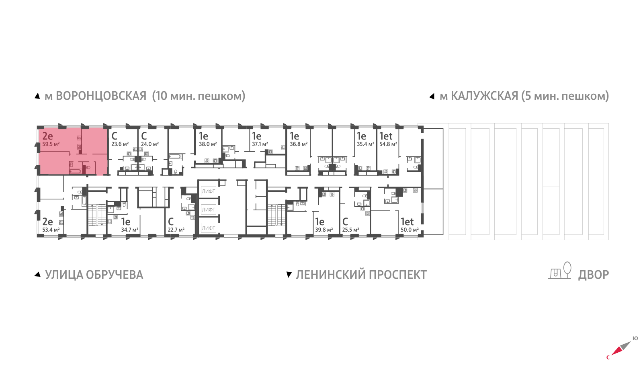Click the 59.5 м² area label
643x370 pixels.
pos(51,144)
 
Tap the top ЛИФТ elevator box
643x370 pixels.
pos(209,191)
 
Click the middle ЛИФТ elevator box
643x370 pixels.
pos(209,210)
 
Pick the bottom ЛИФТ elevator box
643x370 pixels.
pos(209,228)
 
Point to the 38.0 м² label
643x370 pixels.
pos(208,144)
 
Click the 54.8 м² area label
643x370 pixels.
pos(388,144)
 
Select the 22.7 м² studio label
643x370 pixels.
pos(176,230)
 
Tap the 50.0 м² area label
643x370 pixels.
pos(410,230)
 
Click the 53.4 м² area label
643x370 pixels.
pos(51,230)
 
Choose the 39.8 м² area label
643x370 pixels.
pos(324,230)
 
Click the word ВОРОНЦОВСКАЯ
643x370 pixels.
pos(101,96)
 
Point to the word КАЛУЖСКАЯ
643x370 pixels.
pos(485,96)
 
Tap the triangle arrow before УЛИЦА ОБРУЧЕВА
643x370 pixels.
pos(37,274)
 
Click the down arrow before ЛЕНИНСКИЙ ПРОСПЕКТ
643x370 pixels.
pos(289,275)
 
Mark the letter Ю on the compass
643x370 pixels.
pos(635,339)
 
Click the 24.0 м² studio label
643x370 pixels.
pos(149,144)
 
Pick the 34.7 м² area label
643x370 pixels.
pos(130,230)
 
